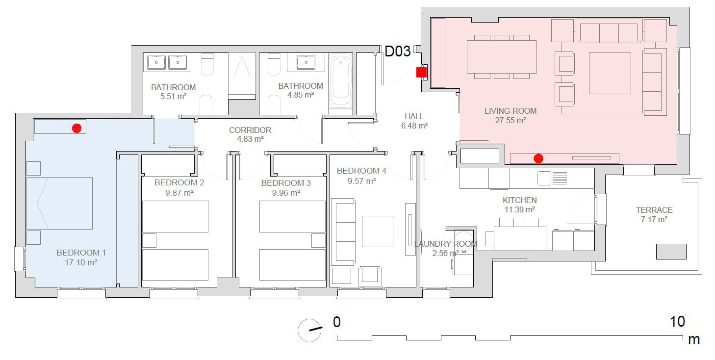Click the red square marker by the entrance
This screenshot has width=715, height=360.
(x=421, y=72)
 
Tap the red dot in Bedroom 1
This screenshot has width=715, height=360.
(x=77, y=128)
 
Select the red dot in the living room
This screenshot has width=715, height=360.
(x=538, y=158)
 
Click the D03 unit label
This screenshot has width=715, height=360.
(x=397, y=51)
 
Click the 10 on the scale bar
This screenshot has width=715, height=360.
(x=677, y=322)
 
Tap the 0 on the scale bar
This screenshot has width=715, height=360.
(x=337, y=322)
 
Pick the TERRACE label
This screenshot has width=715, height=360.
(x=654, y=210)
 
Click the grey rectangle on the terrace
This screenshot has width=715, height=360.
(x=671, y=252)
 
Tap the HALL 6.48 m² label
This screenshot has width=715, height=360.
(x=414, y=121)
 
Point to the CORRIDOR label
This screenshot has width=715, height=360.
(x=250, y=130)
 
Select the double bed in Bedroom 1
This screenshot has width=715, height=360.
(x=59, y=204)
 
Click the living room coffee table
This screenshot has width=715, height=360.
(x=610, y=73)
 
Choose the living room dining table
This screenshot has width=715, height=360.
(x=502, y=57)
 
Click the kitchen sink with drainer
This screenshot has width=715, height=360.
(x=552, y=178)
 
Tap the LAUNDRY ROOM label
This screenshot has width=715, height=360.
(x=445, y=244)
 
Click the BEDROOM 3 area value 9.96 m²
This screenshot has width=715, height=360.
(x=286, y=193)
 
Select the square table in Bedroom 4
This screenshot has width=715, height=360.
(x=377, y=231)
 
